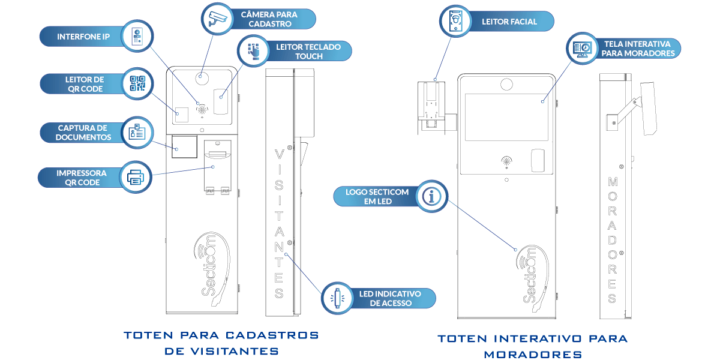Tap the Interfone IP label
(x=83, y=37)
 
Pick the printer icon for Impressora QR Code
(x=136, y=177)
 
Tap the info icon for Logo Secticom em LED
(x=432, y=196)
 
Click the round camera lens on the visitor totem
(x=202, y=78)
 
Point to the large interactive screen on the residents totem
(x=509, y=117)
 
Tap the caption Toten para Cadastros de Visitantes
(x=221, y=343)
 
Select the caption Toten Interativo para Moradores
(x=533, y=346)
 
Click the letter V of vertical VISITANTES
(x=278, y=154)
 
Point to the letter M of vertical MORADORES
(x=613, y=181)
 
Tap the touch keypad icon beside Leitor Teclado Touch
(x=254, y=50)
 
